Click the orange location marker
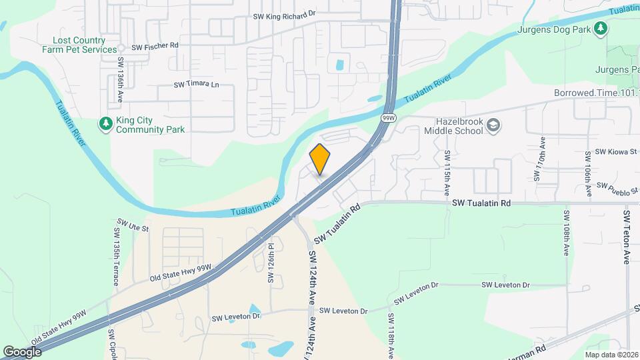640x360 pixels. click(320, 159)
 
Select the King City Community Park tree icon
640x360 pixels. click(105, 123)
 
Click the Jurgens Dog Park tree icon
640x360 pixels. click(601, 28)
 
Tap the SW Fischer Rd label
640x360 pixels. click(155, 47)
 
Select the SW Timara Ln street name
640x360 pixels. click(196, 85)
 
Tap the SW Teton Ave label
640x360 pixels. click(627, 237)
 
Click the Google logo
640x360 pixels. click(22, 351)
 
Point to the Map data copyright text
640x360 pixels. click(611, 355)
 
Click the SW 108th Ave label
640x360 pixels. click(566, 233)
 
